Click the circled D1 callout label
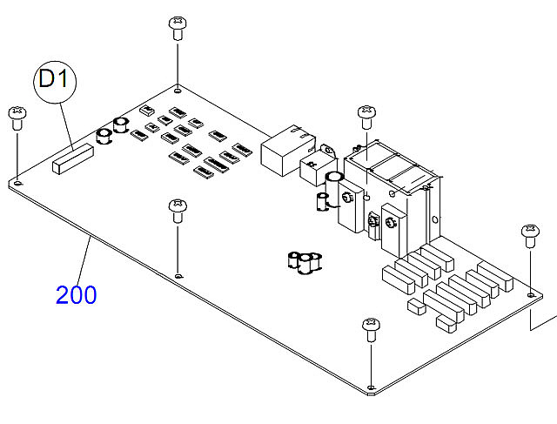tap(55, 81)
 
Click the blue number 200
tap(77, 294)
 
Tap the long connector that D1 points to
tap(72, 159)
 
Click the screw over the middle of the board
tap(178, 210)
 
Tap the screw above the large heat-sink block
tap(366, 114)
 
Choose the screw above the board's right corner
tap(530, 234)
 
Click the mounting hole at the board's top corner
tap(178, 88)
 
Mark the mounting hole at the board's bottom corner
tap(372, 387)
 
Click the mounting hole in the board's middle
tap(178, 275)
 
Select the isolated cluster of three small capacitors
tap(305, 261)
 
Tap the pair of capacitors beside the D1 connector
tap(112, 131)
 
